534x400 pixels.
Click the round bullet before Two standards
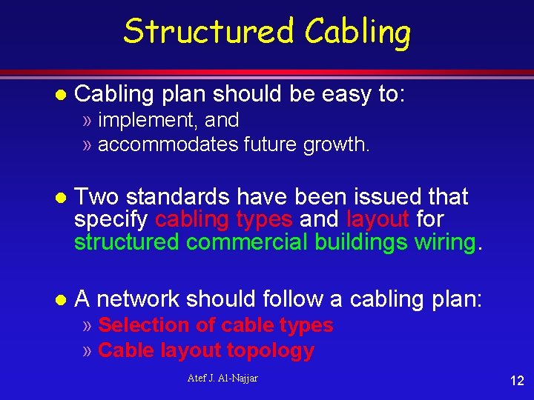click(62, 198)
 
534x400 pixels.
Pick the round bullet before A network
click(62, 300)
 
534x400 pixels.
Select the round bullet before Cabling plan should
click(62, 95)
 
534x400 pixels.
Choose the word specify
click(112, 220)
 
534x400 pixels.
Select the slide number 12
click(516, 381)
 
